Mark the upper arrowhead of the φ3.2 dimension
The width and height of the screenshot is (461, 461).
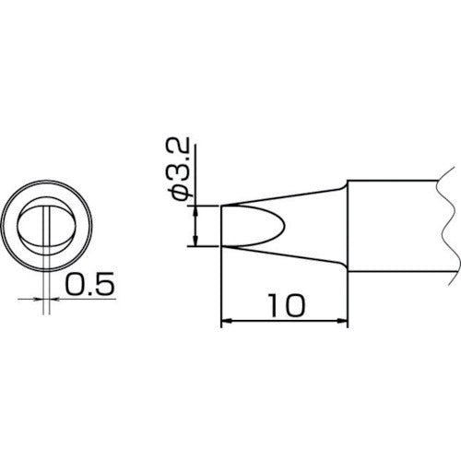pos(196,209)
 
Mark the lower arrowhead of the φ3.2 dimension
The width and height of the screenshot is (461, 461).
pos(196,243)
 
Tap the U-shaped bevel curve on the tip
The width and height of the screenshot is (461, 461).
pos(278,227)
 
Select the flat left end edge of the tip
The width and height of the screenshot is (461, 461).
pos(222,227)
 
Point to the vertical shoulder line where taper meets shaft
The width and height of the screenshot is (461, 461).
pos(347,227)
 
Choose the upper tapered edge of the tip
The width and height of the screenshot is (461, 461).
pos(286,196)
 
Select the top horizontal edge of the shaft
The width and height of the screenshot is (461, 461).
pos(392,180)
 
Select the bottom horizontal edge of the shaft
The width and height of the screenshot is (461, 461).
pos(392,274)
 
